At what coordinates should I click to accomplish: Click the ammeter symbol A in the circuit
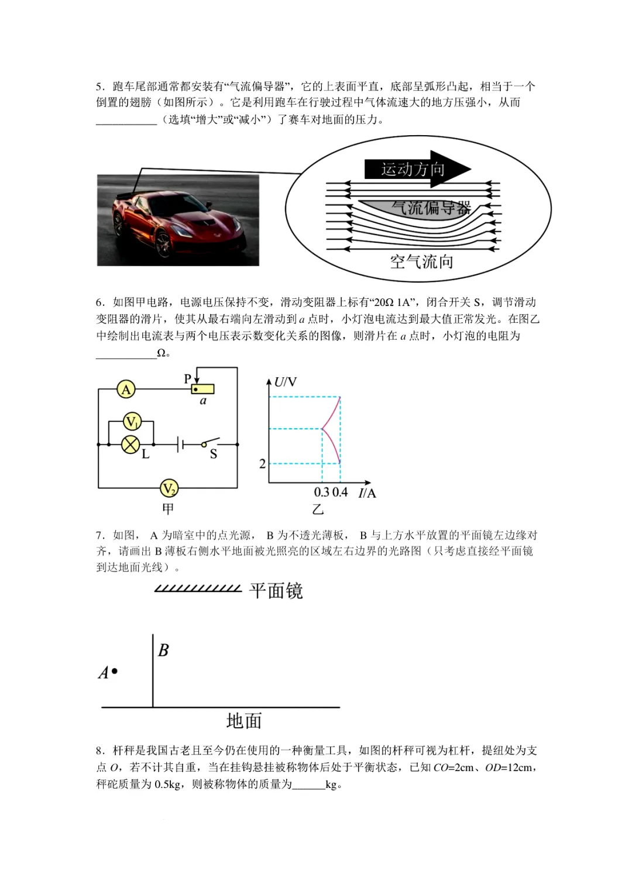[126, 389]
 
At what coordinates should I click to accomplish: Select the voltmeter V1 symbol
[132, 421]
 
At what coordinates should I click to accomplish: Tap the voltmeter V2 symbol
[169, 488]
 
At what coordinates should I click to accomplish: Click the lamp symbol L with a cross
[130, 445]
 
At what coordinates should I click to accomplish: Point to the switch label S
[213, 455]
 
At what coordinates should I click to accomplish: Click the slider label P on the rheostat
[188, 378]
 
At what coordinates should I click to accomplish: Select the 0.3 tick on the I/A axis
[322, 492]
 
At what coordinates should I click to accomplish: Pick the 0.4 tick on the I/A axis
[340, 492]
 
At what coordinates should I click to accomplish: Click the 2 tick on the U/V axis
[262, 464]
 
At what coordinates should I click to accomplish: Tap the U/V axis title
[286, 382]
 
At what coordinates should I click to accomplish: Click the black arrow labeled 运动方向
[417, 170]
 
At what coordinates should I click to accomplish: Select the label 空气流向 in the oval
[421, 261]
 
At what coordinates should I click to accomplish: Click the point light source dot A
[115, 672]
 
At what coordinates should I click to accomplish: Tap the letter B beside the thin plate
[163, 650]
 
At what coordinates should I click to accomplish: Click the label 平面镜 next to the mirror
[276, 591]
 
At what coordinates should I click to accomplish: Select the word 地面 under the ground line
[243, 721]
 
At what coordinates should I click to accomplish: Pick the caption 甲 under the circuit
[168, 509]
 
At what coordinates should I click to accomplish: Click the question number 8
[99, 751]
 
